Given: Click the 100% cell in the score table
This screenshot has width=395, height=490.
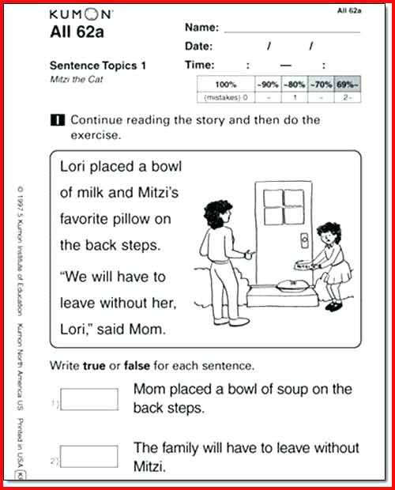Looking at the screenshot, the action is click(x=225, y=84).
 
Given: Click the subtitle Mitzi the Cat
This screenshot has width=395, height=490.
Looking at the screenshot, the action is click(x=77, y=81).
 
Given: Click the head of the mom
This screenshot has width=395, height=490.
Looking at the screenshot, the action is click(x=219, y=214).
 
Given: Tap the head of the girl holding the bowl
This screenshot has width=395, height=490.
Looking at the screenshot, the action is click(x=327, y=235).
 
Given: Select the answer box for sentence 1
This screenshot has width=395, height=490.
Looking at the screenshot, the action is click(x=88, y=398).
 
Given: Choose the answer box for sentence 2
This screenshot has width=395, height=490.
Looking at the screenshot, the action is click(x=88, y=456).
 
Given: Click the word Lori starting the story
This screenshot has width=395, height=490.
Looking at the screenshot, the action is click(x=75, y=168).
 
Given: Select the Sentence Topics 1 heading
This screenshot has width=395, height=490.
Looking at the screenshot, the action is click(x=98, y=66).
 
